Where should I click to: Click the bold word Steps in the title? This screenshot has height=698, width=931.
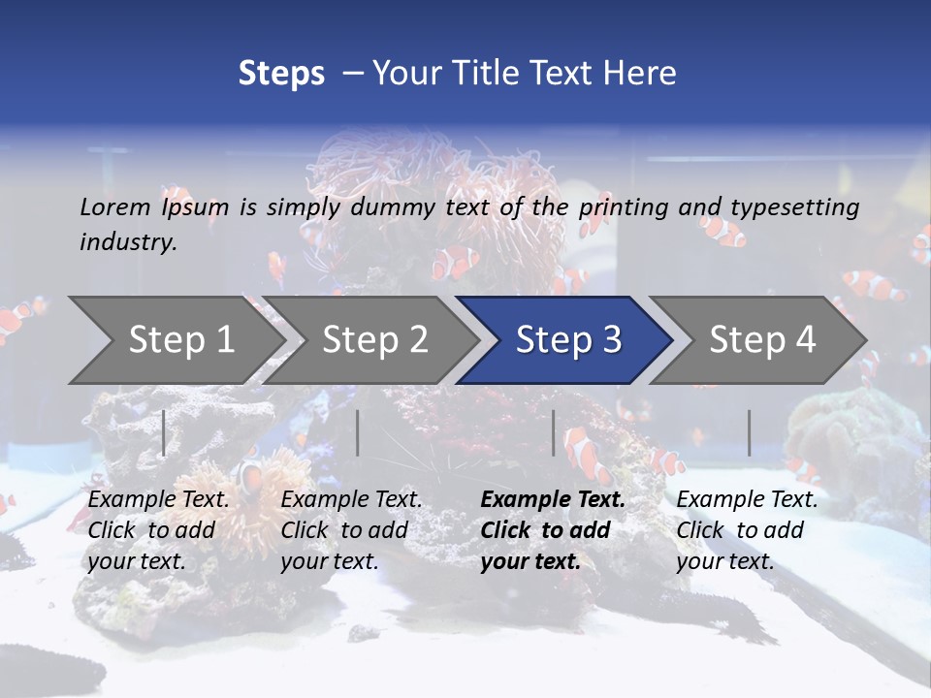click(281, 74)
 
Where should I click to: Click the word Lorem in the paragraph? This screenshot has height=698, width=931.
click(115, 207)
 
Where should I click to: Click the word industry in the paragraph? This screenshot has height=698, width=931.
click(128, 242)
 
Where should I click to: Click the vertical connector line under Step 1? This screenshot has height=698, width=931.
click(164, 432)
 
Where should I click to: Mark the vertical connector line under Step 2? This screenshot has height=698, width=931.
click(358, 432)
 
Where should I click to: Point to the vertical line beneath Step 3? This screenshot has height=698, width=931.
click(553, 432)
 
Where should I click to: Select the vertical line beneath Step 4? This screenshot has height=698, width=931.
click(749, 432)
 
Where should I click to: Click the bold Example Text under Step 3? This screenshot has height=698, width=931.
click(553, 500)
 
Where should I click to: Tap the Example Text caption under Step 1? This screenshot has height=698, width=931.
click(159, 500)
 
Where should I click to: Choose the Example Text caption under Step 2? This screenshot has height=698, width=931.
click(351, 500)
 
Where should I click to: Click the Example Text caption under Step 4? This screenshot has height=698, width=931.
click(747, 500)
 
